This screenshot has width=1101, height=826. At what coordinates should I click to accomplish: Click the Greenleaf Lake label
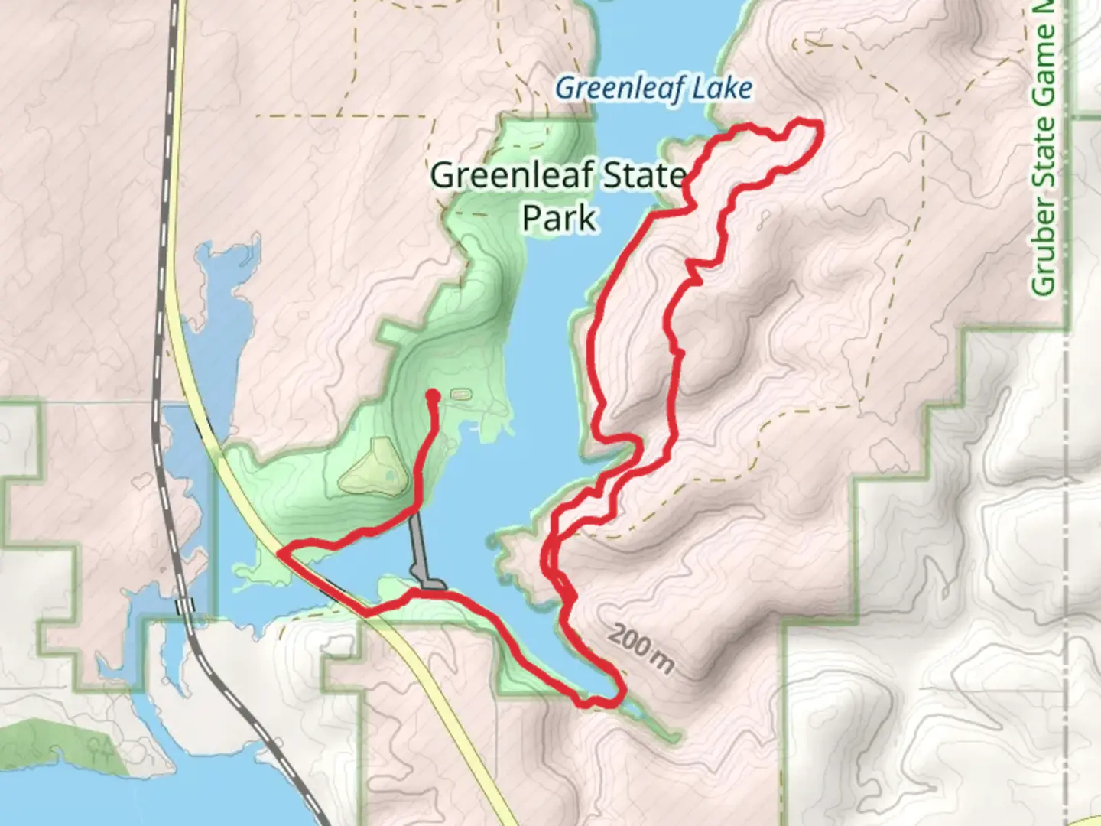click(654, 89)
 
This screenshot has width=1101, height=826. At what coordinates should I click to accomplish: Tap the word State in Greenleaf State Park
click(641, 176)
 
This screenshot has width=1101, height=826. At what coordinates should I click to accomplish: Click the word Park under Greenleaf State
click(558, 218)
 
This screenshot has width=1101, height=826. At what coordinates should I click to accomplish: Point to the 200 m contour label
click(642, 649)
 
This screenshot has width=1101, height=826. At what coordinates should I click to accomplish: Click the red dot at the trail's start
click(432, 395)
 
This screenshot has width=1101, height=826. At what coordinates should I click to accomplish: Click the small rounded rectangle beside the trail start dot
click(459, 394)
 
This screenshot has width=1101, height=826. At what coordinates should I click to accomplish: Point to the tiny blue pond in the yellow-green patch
click(391, 475)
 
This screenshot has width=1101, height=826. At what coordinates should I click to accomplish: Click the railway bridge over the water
click(183, 606)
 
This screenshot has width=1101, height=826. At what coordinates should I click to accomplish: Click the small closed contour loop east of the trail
click(762, 222)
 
